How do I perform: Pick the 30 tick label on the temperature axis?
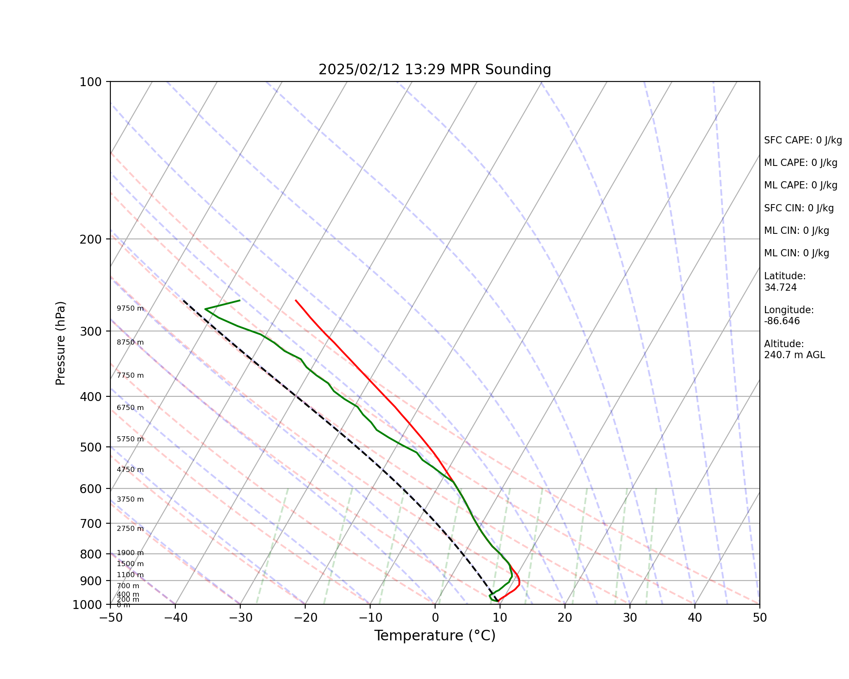point(630,617)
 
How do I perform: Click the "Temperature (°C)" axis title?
point(435,636)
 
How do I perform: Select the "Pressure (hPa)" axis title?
point(61,343)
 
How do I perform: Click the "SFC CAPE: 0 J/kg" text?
point(803,140)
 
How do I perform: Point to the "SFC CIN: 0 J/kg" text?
point(798,208)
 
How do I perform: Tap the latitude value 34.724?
point(780,287)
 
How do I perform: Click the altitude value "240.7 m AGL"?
point(794,355)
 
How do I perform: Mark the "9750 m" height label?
point(130,309)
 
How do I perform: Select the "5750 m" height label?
point(130,439)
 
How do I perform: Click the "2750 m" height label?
point(130,529)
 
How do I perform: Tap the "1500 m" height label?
point(130,564)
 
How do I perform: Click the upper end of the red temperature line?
point(295,300)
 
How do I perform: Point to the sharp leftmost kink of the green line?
point(205,309)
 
